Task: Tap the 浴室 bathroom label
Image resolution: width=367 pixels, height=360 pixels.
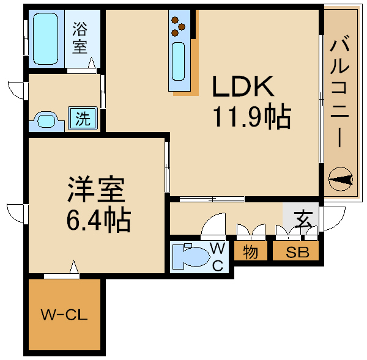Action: coord(80,38)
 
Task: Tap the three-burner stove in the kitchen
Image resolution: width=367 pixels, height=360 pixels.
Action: coord(179,24)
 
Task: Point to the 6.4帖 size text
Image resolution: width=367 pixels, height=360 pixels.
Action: coord(98,219)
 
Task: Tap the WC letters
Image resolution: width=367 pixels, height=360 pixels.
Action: coord(218,256)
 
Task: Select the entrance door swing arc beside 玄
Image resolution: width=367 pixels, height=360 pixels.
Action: coord(331,219)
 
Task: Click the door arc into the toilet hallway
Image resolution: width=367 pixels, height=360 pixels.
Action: coord(214,226)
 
